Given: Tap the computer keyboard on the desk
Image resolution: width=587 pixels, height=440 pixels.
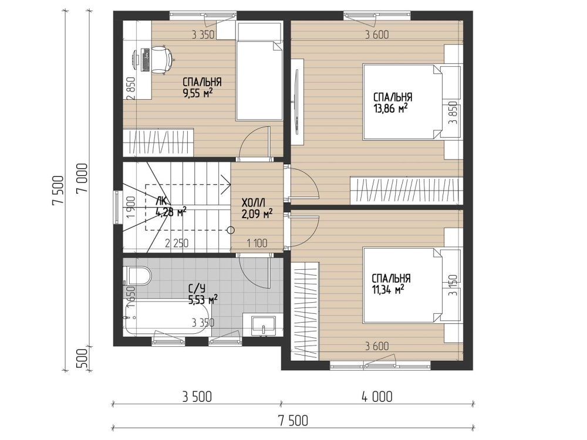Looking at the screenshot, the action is [145, 60].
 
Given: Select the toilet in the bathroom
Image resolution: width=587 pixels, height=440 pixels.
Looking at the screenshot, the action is [137, 276].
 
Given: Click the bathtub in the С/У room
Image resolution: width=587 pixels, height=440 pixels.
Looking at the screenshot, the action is [168, 319].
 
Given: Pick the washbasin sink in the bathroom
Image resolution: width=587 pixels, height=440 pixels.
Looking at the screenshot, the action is [264, 325].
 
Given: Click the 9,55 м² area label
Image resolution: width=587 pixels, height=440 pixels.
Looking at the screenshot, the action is [198, 93].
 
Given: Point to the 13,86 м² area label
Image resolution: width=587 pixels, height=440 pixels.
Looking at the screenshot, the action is [390, 109].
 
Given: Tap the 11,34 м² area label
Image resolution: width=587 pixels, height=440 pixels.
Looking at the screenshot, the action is [388, 289].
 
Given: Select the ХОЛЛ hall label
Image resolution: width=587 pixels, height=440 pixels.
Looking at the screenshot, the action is [254, 203].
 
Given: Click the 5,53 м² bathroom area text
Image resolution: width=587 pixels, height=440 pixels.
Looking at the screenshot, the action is [203, 299].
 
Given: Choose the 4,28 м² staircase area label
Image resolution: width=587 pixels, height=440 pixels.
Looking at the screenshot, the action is [171, 212].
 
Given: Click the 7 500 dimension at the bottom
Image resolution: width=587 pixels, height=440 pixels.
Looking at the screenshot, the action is [293, 421].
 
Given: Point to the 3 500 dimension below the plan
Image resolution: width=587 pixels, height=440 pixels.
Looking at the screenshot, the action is [197, 397].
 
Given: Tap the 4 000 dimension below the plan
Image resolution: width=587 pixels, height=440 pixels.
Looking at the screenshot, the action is [377, 397].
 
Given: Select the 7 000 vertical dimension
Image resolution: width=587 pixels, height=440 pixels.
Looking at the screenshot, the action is [82, 178].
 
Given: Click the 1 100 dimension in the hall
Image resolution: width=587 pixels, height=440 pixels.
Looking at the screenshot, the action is [257, 243].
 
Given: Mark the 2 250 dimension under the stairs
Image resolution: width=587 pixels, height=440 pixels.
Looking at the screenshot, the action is [177, 243].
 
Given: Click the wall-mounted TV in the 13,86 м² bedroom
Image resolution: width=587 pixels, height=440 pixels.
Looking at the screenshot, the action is [296, 101].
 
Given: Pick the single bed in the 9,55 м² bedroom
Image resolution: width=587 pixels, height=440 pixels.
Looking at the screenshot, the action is [259, 72].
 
